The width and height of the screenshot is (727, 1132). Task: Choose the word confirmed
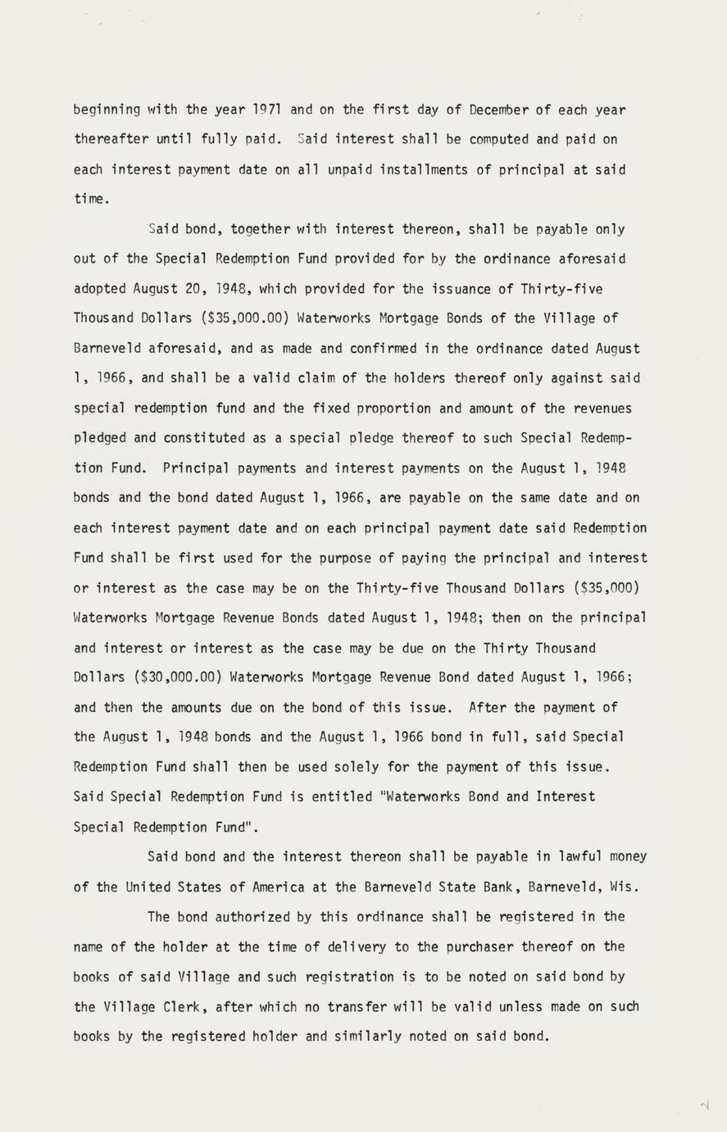[x=384, y=348]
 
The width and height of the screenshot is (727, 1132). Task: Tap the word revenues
[x=602, y=408]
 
